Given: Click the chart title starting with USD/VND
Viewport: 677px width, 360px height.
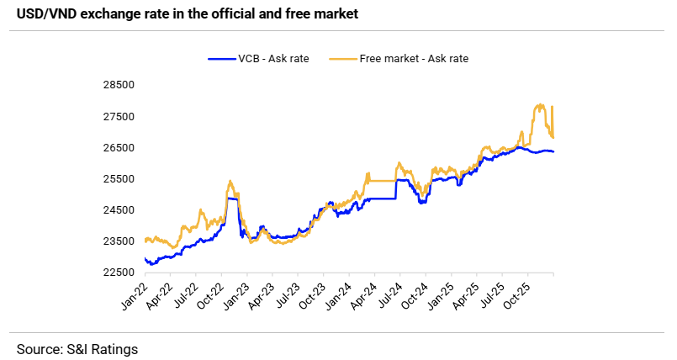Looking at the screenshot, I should tap(179, 13).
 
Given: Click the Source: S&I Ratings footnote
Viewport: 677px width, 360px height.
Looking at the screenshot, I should tap(77, 347).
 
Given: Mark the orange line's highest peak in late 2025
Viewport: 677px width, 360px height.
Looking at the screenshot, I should tap(538, 105).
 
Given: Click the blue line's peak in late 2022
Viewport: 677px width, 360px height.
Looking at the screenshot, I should tap(230, 199).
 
